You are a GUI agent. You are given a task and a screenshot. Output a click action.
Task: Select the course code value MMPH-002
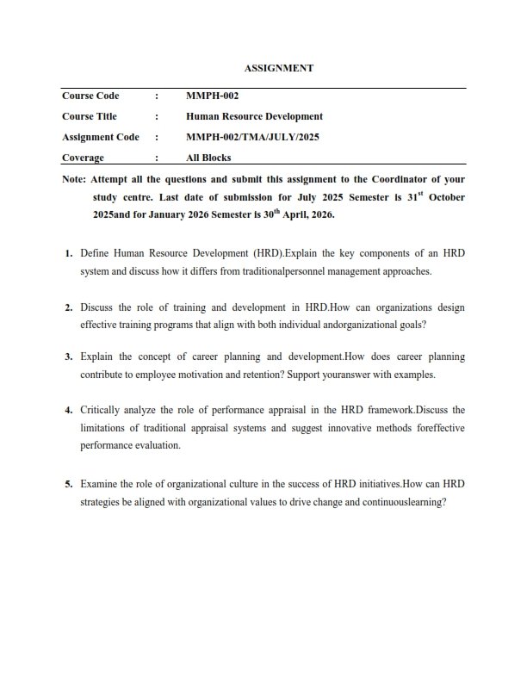click(x=207, y=96)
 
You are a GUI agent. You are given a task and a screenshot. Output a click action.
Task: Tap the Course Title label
click(x=90, y=116)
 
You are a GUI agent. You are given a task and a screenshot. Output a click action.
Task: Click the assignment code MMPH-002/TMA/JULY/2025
click(x=252, y=137)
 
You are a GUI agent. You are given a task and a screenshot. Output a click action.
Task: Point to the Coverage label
click(x=83, y=158)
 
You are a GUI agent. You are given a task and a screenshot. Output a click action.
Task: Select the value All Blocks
click(x=208, y=158)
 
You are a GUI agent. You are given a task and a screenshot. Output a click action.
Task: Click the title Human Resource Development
click(x=254, y=116)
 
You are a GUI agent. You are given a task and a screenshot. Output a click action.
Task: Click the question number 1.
click(x=68, y=255)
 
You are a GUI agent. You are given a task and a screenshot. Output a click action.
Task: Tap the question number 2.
click(x=68, y=307)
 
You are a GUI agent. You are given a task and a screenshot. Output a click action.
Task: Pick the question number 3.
click(x=68, y=356)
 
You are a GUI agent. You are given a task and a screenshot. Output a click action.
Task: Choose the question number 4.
click(x=68, y=410)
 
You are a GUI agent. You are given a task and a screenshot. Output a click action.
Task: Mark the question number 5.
click(x=68, y=484)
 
